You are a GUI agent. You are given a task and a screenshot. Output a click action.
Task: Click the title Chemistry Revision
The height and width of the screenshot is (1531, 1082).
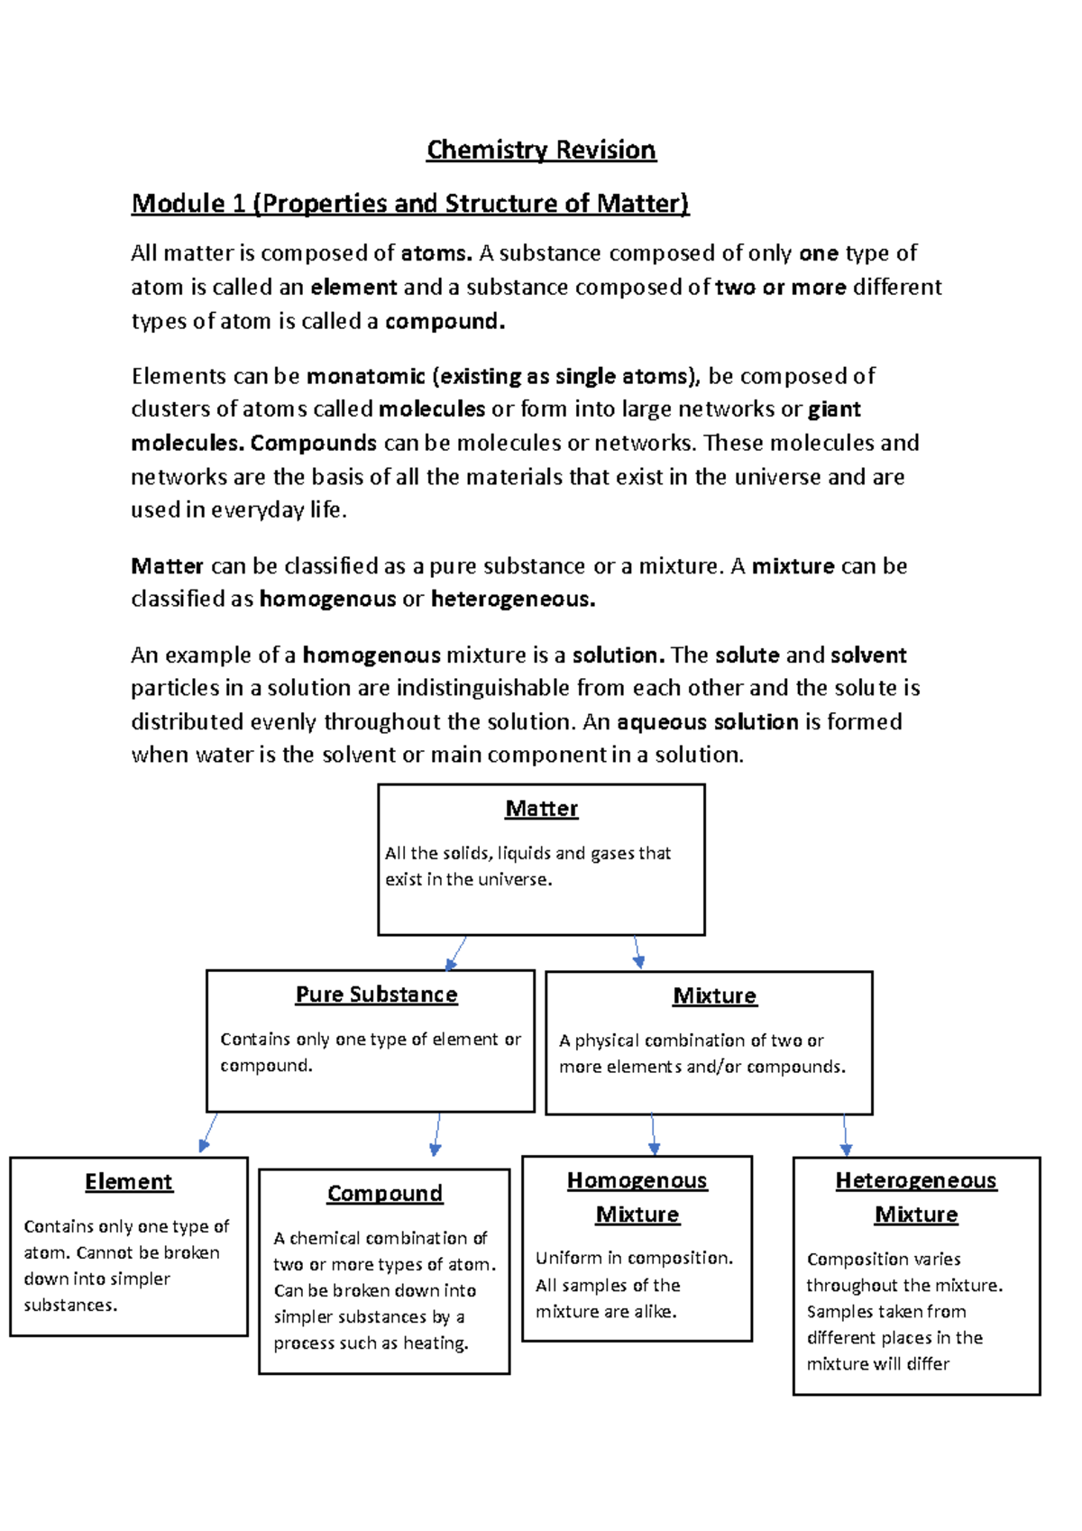[541, 150]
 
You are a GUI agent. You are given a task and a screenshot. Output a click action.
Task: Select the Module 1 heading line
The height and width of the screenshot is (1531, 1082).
[410, 204]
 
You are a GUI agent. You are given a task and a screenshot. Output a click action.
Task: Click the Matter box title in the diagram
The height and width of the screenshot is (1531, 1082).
[541, 809]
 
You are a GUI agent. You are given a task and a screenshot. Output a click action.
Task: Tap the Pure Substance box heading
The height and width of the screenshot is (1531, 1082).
[376, 995]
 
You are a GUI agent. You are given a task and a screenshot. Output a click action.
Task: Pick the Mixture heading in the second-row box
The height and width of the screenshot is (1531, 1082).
[714, 996]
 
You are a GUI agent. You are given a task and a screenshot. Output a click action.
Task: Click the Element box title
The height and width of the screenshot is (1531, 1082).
[128, 1182]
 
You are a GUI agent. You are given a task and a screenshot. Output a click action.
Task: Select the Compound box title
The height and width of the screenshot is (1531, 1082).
[385, 1194]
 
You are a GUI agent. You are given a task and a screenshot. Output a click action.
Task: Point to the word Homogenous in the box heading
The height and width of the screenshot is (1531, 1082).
[637, 1181]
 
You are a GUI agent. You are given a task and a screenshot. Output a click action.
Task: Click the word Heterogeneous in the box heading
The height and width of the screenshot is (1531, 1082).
[915, 1181]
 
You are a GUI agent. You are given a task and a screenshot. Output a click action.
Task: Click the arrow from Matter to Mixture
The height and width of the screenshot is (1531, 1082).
[637, 952]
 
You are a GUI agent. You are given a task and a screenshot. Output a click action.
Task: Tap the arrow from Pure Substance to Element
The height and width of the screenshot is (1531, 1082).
[208, 1133]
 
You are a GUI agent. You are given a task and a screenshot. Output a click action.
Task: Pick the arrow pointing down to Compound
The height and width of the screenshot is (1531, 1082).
[437, 1134]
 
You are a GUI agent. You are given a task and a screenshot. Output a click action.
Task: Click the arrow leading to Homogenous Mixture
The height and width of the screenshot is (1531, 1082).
[653, 1135]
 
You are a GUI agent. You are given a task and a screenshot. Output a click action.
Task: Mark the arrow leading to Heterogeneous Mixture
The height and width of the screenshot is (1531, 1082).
[845, 1135]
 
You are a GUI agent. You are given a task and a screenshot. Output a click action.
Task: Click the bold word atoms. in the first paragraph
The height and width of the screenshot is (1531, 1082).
[436, 253]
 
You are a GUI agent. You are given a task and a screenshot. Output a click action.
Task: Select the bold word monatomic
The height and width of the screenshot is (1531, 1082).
[365, 376]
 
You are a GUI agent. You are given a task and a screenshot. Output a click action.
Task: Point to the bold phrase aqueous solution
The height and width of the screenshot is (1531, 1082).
[707, 722]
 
